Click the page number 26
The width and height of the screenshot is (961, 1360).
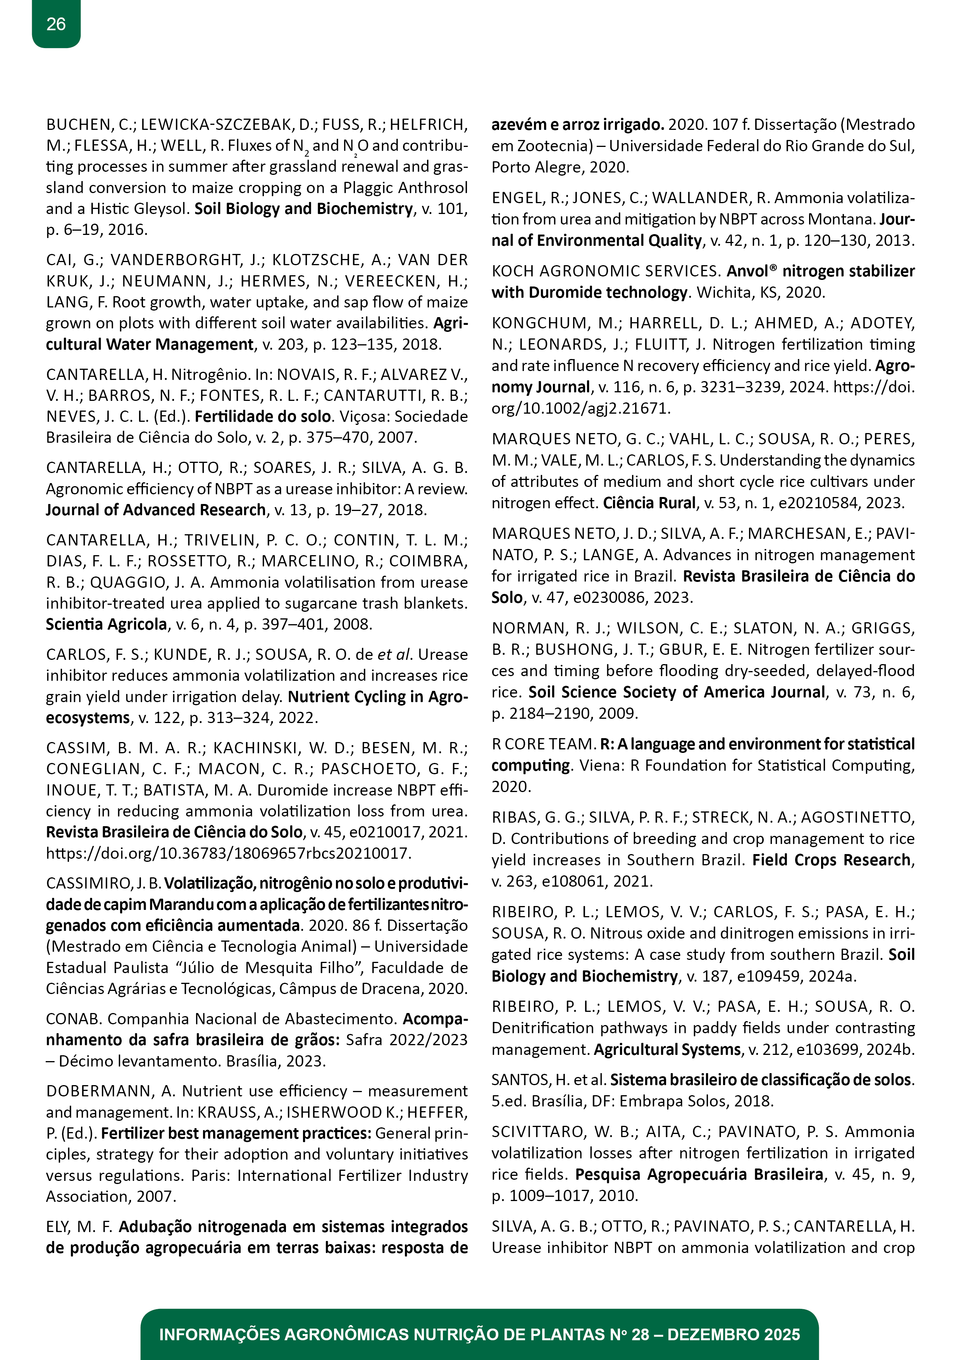(56, 24)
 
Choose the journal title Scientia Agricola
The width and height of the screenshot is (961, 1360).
(107, 624)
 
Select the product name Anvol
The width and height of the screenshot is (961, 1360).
(748, 271)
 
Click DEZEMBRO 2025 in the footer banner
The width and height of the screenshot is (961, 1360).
(733, 1334)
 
